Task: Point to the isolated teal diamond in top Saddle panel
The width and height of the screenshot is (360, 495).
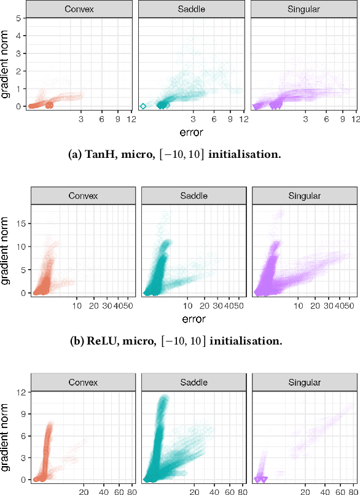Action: click(143, 106)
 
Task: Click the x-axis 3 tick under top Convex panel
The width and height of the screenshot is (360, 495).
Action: click(82, 119)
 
